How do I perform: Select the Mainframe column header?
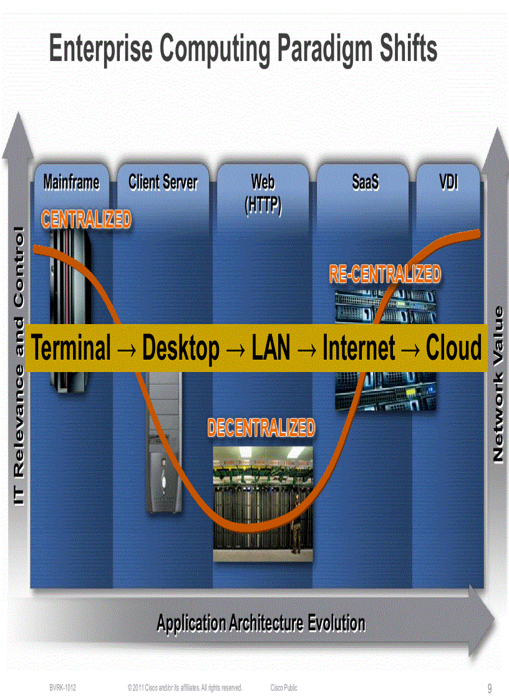point(71,182)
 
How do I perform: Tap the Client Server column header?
point(163,182)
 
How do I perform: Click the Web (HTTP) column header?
point(263,193)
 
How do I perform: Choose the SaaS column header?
point(366,182)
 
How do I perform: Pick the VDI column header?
point(448,182)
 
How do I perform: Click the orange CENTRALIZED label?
point(86,219)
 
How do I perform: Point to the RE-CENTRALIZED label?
point(385,274)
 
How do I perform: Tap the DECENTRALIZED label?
point(261,428)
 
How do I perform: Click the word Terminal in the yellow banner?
point(71,348)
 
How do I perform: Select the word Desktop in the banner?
point(181,348)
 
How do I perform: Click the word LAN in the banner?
point(271,348)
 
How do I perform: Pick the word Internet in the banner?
point(359,348)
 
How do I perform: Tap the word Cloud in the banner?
point(454,348)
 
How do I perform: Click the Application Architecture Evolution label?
point(261,622)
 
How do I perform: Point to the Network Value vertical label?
point(498,385)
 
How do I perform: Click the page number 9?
point(490,689)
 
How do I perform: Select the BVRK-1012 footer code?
point(63,688)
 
